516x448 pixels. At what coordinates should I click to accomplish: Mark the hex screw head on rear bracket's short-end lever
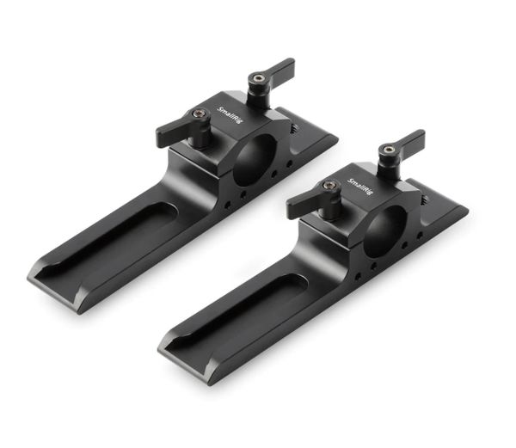(x=255, y=79)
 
